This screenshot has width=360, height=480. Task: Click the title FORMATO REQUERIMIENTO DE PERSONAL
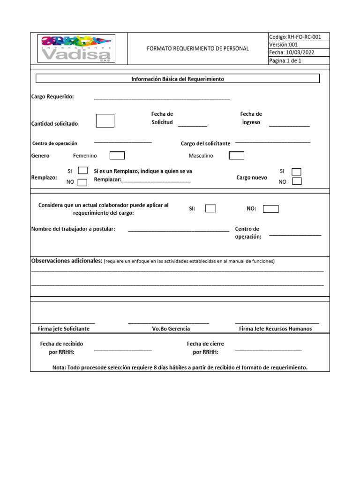pyautogui.click(x=198, y=49)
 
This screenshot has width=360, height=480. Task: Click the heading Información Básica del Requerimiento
pyautogui.click(x=178, y=79)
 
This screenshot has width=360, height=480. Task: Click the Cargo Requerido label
pyautogui.click(x=52, y=97)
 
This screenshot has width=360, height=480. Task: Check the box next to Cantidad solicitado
pyautogui.click(x=105, y=120)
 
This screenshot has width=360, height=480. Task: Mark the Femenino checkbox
pyautogui.click(x=117, y=156)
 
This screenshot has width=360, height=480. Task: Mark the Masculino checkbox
pyautogui.click(x=236, y=156)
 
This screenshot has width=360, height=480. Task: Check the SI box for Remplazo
pyautogui.click(x=82, y=171)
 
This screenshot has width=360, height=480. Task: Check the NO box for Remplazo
pyautogui.click(x=82, y=182)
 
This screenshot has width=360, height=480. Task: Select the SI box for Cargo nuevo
pyautogui.click(x=296, y=172)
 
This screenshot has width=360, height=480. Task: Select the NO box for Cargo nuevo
pyautogui.click(x=296, y=181)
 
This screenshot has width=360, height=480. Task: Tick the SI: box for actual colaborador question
pyautogui.click(x=210, y=209)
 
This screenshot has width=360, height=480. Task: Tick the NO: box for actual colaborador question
pyautogui.click(x=270, y=209)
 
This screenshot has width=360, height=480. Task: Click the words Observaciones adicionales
pyautogui.click(x=67, y=261)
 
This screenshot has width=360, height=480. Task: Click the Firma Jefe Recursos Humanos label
pyautogui.click(x=275, y=329)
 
